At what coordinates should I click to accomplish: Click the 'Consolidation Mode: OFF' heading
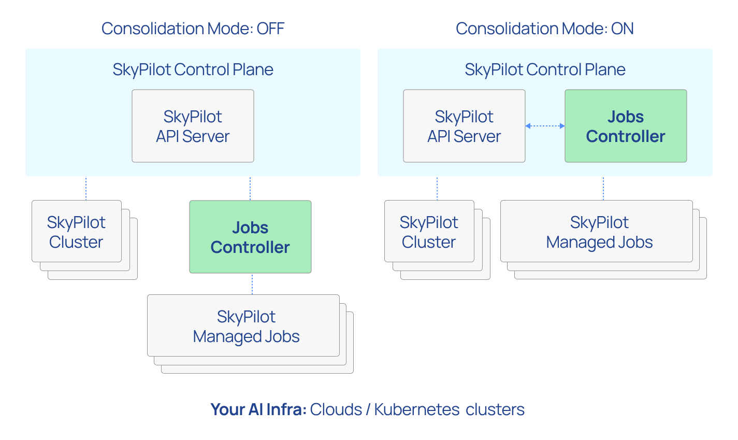click(193, 29)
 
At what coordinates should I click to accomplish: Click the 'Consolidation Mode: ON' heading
click(544, 29)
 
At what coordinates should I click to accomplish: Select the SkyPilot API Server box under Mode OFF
click(193, 126)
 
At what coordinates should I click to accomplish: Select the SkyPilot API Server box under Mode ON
click(464, 126)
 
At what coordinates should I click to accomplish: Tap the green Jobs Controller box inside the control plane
click(626, 126)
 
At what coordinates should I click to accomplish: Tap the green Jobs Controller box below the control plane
click(250, 237)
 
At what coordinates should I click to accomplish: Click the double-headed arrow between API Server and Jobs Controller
click(545, 126)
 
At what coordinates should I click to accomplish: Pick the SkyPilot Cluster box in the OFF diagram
click(77, 232)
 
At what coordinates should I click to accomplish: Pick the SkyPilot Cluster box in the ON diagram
click(429, 232)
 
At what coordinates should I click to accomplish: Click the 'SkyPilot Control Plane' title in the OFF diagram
click(193, 69)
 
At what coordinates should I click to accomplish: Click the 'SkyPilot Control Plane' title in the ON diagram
click(545, 69)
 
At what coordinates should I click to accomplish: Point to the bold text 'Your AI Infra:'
click(258, 409)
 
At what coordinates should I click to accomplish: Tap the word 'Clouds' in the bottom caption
click(336, 409)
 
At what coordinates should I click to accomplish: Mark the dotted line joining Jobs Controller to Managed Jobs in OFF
click(252, 284)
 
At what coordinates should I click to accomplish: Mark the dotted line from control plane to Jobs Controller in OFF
click(250, 189)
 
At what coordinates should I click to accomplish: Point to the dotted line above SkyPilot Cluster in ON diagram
click(437, 189)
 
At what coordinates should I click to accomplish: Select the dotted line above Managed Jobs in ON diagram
click(603, 189)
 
